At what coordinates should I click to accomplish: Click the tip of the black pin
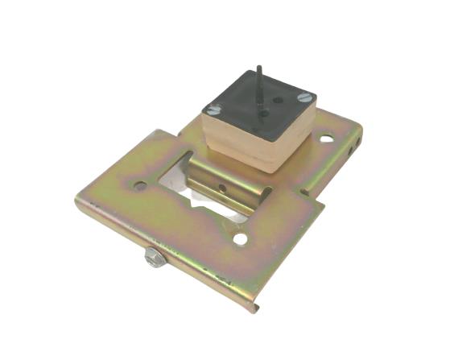[259, 68]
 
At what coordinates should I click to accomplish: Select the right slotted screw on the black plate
[303, 98]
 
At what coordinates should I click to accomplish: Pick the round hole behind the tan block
[326, 138]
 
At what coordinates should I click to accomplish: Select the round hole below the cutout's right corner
[240, 239]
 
